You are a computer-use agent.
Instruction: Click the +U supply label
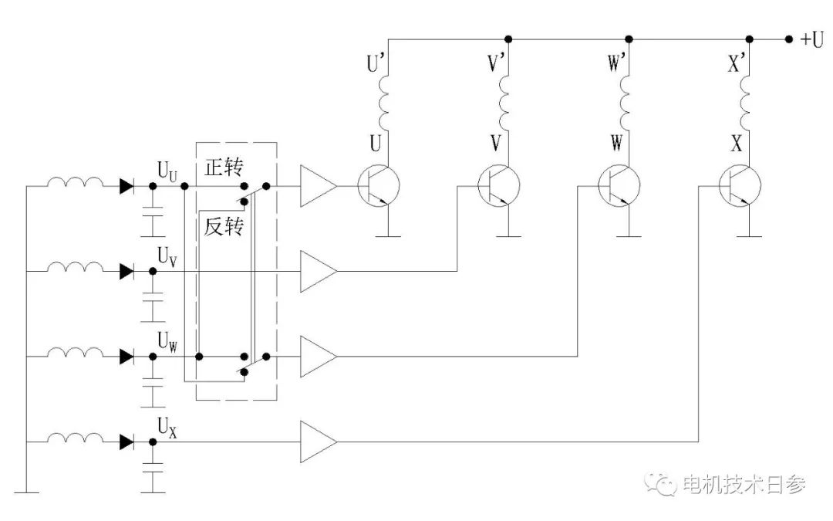click(811, 39)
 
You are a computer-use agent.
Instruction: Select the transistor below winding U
click(379, 186)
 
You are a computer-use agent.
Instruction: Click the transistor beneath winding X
click(740, 186)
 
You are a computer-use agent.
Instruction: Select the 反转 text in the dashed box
click(224, 227)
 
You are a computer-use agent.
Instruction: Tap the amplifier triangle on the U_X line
click(318, 441)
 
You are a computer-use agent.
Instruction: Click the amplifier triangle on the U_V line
click(318, 271)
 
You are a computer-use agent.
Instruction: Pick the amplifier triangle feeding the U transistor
click(318, 186)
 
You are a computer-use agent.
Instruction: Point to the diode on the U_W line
click(126, 356)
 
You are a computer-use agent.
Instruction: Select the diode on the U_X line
click(126, 441)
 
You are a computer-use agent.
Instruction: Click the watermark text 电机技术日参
click(744, 485)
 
